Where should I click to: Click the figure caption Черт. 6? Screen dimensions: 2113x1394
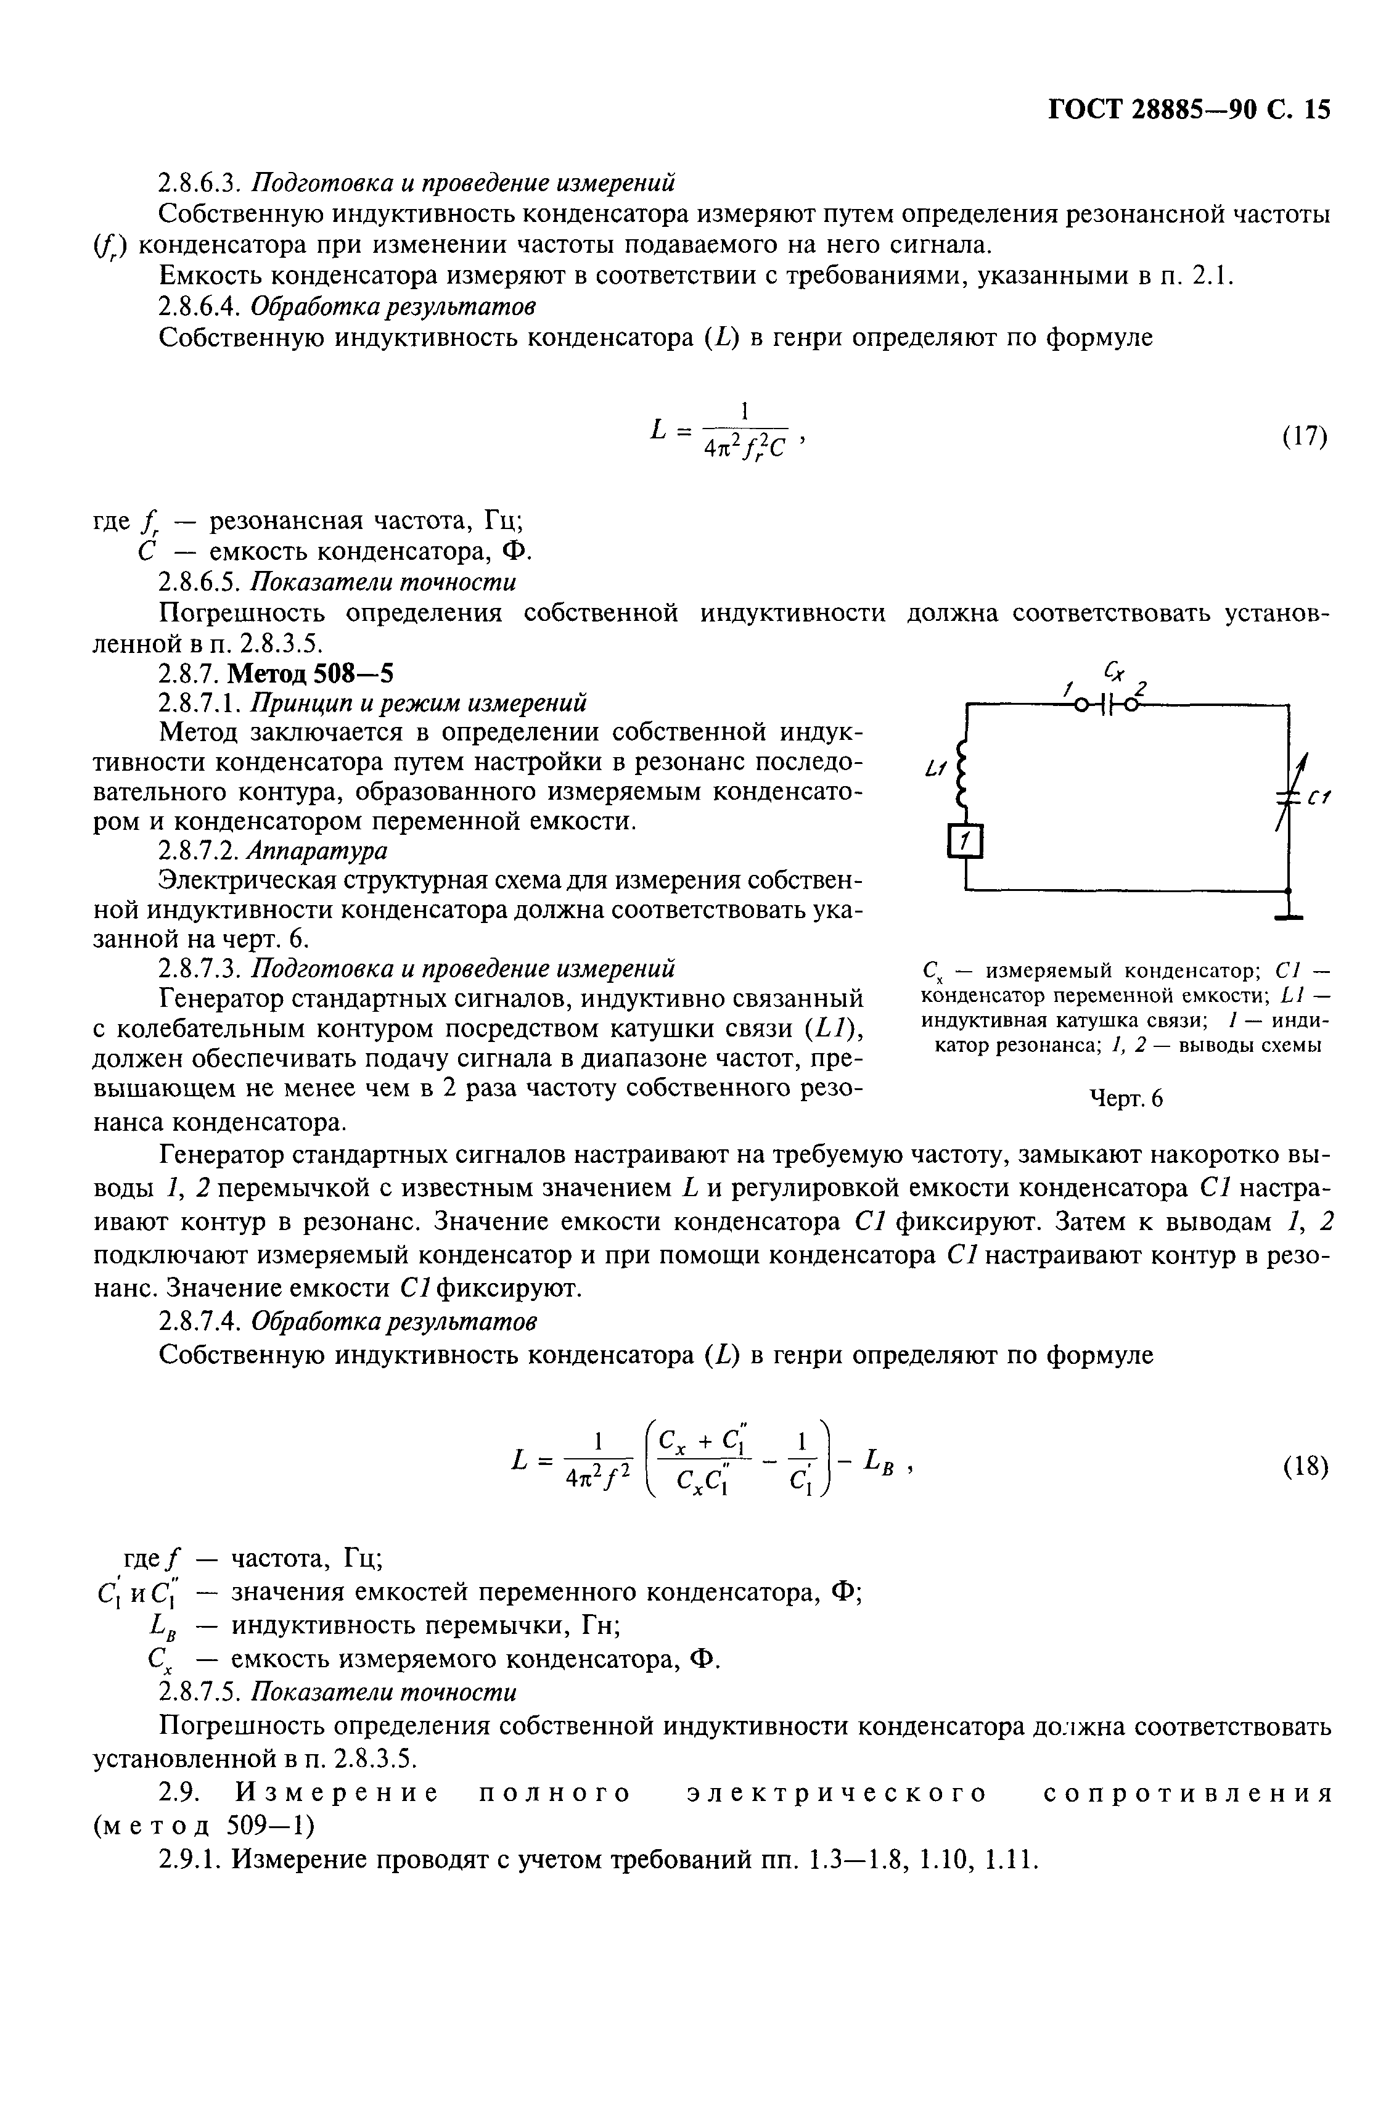(1126, 1099)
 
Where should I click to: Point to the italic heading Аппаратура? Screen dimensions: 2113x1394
(318, 851)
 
